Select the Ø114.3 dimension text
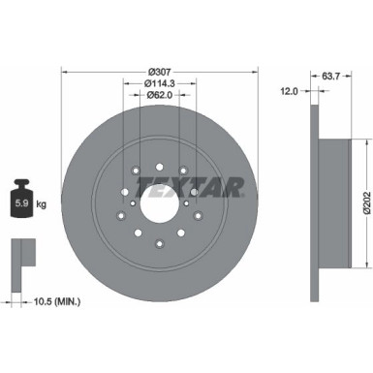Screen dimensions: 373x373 (x=160, y=83)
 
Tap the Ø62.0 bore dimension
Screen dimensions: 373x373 (x=160, y=95)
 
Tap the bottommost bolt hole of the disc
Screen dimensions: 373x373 (x=160, y=239)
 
